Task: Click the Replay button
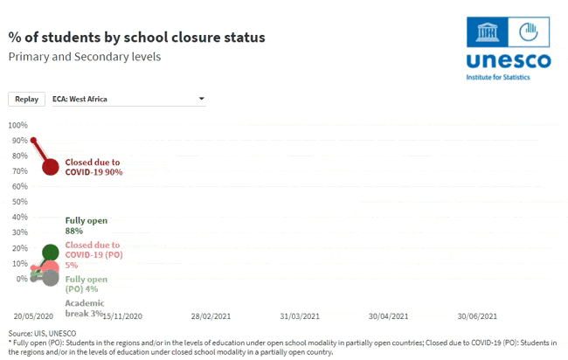pyautogui.click(x=26, y=100)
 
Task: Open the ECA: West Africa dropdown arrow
pyautogui.click(x=202, y=99)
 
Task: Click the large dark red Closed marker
pyautogui.click(x=51, y=167)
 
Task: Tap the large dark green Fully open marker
pyautogui.click(x=51, y=252)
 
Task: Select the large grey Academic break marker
pyautogui.click(x=51, y=278)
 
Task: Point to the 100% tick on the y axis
pyautogui.click(x=18, y=125)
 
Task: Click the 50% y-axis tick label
pyautogui.click(x=20, y=202)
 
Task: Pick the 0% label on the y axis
pyautogui.click(x=22, y=279)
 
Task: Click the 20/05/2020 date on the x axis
pyautogui.click(x=33, y=316)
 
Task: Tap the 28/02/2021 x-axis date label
pyautogui.click(x=211, y=316)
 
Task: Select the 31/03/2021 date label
pyautogui.click(x=300, y=316)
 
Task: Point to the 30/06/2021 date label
pyautogui.click(x=477, y=316)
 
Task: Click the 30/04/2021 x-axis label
pyautogui.click(x=388, y=316)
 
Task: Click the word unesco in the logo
pyautogui.click(x=509, y=61)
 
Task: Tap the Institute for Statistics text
pyautogui.click(x=498, y=77)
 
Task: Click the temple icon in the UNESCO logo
pyautogui.click(x=488, y=31)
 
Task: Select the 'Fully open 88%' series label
pyautogui.click(x=87, y=225)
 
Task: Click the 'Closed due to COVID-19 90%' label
pyautogui.click(x=94, y=167)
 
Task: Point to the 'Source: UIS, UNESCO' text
pyautogui.click(x=43, y=333)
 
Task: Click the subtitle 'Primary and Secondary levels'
pyautogui.click(x=85, y=57)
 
